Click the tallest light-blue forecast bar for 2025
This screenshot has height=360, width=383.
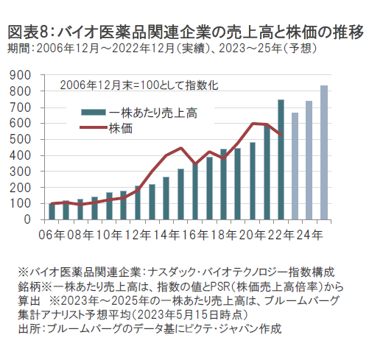324,152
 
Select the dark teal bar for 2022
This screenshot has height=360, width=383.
281,160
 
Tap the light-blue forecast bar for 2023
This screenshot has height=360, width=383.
295,166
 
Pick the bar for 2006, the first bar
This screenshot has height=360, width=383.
52,211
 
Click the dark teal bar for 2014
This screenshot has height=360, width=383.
166,198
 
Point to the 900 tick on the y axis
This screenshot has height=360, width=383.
20,75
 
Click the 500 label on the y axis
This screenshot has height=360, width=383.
20,139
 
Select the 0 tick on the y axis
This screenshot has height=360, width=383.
27,219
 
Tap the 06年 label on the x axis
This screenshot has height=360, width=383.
52,235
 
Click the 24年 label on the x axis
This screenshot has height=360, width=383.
309,235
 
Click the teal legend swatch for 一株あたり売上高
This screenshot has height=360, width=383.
94,113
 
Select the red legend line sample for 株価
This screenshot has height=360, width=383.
94,127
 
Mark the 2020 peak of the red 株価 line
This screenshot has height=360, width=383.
253,123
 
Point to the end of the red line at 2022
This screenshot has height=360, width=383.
281,135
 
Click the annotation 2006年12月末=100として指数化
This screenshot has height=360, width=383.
139,85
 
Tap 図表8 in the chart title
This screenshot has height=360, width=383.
27,32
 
